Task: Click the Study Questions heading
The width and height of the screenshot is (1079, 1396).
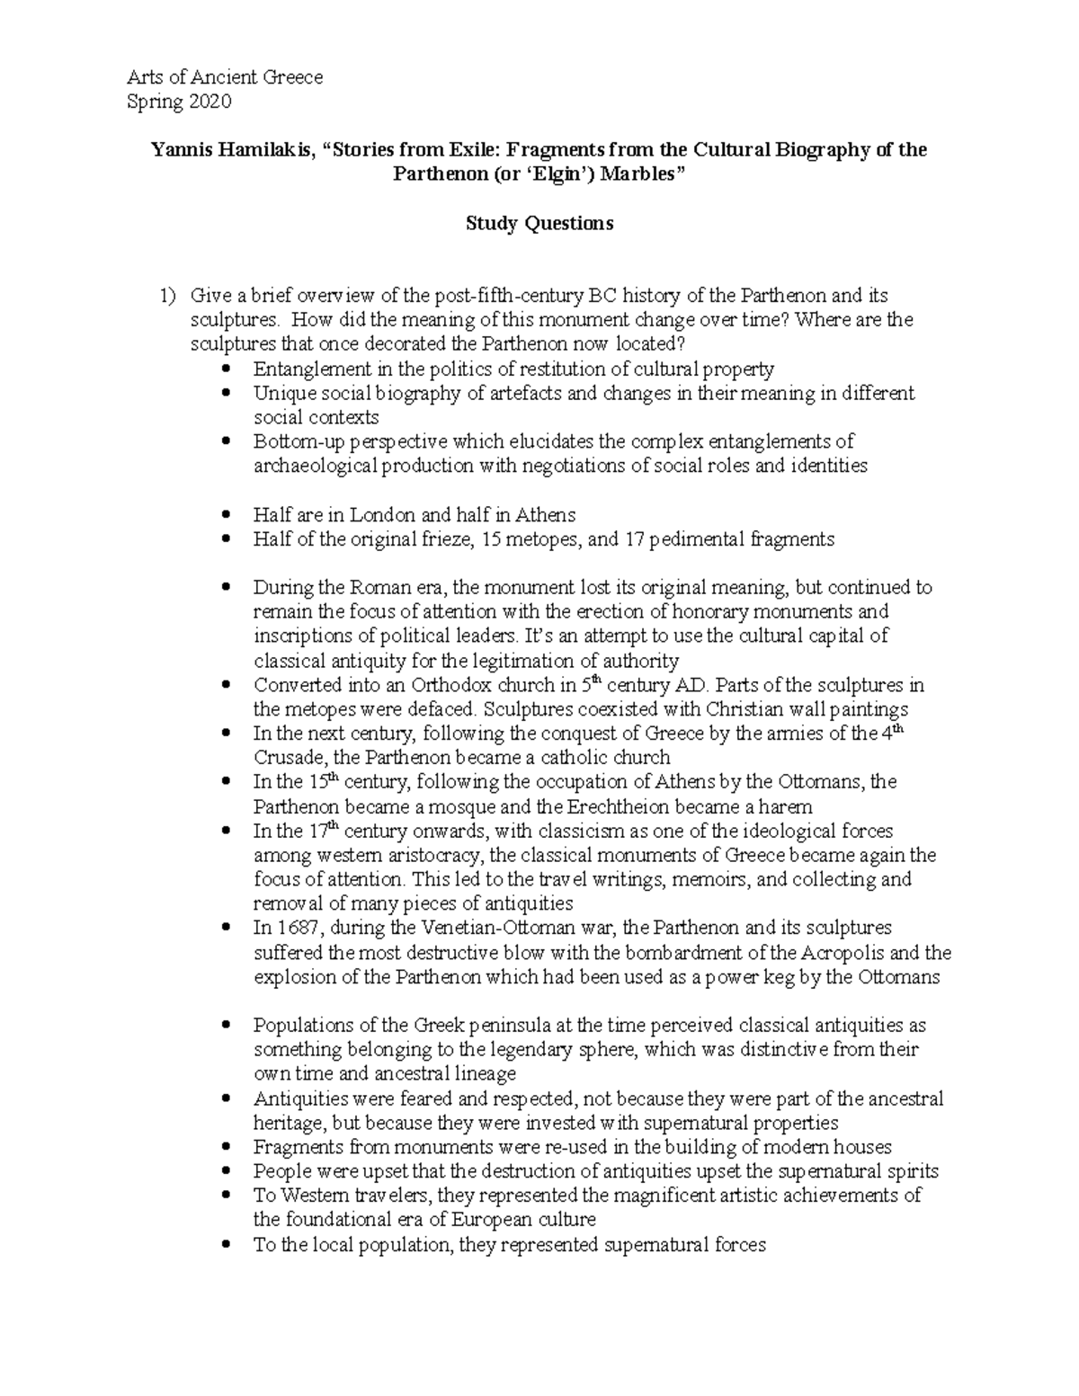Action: click(x=539, y=223)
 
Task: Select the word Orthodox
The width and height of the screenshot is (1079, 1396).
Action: click(x=429, y=685)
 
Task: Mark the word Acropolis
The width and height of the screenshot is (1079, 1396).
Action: click(x=854, y=952)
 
